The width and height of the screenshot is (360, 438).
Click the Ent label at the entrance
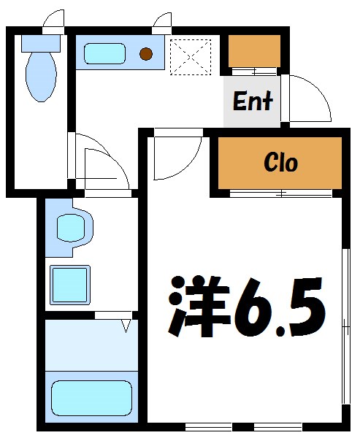(x=253, y=101)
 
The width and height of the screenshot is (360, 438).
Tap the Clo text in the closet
(x=280, y=162)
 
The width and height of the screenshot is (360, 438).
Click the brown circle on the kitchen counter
(x=146, y=53)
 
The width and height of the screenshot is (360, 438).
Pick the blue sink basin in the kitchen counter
(x=104, y=53)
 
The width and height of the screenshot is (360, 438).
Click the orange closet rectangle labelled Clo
(x=280, y=162)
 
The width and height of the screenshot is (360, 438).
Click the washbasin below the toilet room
(x=70, y=228)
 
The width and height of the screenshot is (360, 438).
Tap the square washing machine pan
(x=69, y=283)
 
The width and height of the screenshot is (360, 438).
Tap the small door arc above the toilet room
(x=53, y=20)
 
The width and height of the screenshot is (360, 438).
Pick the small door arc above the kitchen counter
(x=162, y=22)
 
